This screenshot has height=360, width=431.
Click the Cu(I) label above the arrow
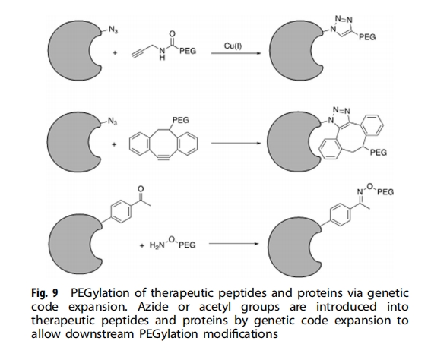coord(233,46)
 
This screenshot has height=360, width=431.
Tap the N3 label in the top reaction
coord(113,30)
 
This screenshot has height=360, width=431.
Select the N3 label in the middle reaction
coord(113,121)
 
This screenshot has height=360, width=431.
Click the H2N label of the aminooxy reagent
coord(157,245)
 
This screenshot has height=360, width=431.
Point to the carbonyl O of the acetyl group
coord(141,189)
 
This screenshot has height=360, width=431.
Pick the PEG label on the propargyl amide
coord(188,51)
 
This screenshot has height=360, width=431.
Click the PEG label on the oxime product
coord(385,191)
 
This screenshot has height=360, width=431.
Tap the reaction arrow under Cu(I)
coord(236,53)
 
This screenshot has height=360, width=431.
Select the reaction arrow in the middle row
coord(236,143)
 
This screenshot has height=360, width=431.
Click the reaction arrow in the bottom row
coord(233,244)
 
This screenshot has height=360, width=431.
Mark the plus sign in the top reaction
coord(115,52)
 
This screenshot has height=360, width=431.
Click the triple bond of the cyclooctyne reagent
coord(163,157)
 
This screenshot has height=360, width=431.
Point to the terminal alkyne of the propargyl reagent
coord(139,53)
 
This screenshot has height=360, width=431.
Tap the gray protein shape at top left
coord(72,50)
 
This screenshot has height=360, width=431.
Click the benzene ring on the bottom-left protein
coord(121,211)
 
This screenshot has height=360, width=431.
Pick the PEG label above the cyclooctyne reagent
coord(181,120)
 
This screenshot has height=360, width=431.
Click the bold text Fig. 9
coord(45,293)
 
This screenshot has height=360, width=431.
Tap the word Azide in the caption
coord(153,307)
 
